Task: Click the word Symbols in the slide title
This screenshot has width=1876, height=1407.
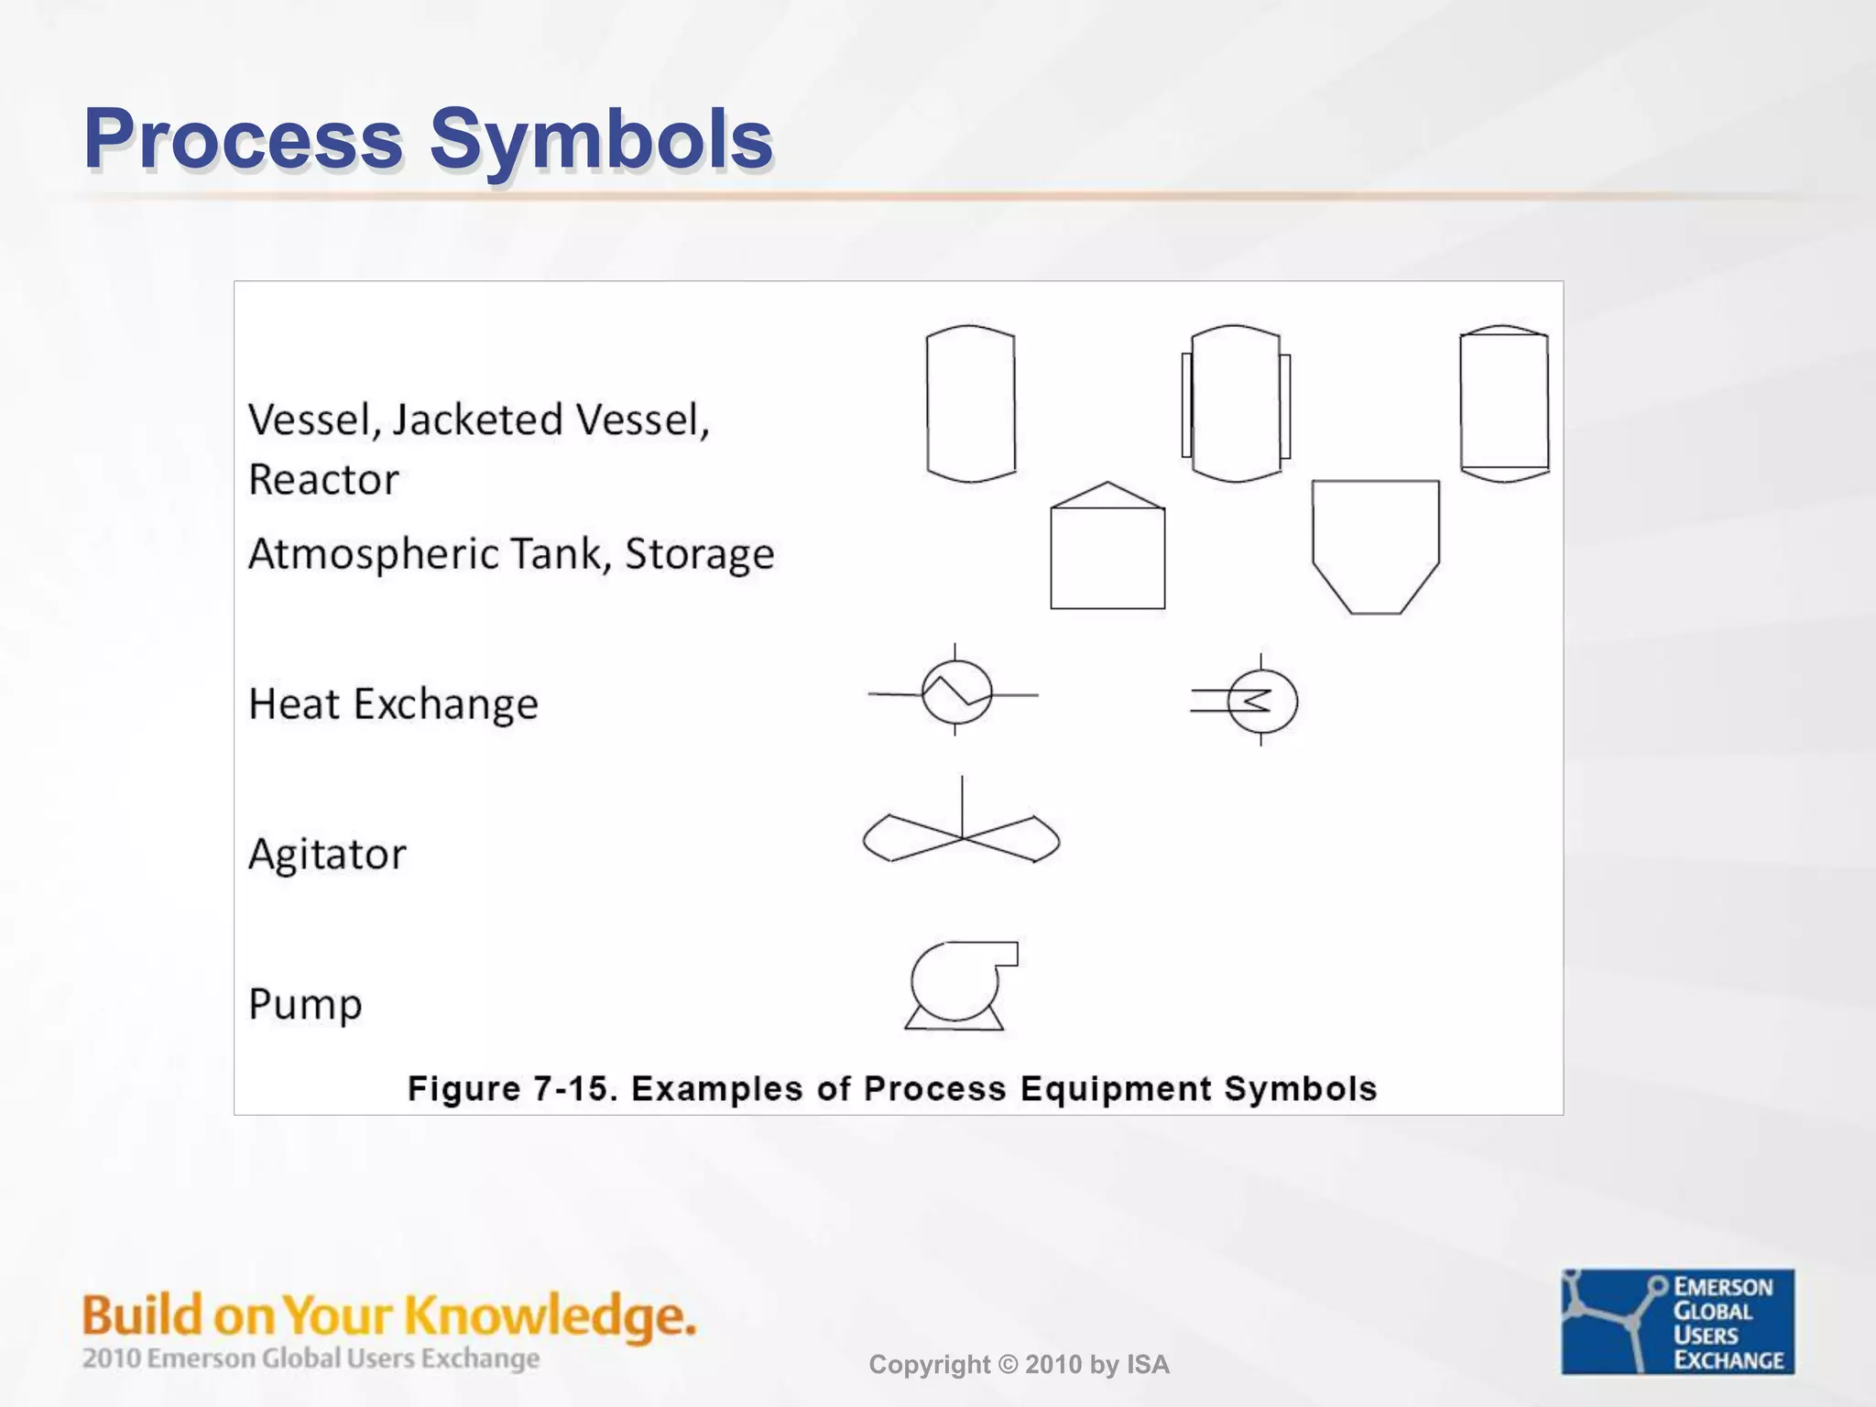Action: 602,139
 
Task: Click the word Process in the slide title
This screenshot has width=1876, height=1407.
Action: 244,139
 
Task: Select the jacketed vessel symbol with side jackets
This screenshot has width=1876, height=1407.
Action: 1236,403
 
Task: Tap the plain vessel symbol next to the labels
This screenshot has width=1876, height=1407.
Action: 971,403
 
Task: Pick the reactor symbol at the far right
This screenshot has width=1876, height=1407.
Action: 1504,403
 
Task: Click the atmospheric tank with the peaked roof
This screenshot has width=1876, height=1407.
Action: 1107,550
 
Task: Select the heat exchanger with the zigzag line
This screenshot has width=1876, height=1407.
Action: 955,693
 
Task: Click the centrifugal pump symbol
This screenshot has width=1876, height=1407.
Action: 957,985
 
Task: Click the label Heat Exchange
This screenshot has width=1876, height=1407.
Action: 393,704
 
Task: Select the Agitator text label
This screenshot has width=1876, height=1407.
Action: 327,855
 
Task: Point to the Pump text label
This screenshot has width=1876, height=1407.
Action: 305,1004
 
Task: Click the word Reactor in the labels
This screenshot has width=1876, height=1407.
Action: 323,480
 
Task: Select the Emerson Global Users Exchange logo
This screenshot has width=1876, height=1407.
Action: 1677,1321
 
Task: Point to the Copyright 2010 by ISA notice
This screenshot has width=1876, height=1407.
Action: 1019,1365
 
